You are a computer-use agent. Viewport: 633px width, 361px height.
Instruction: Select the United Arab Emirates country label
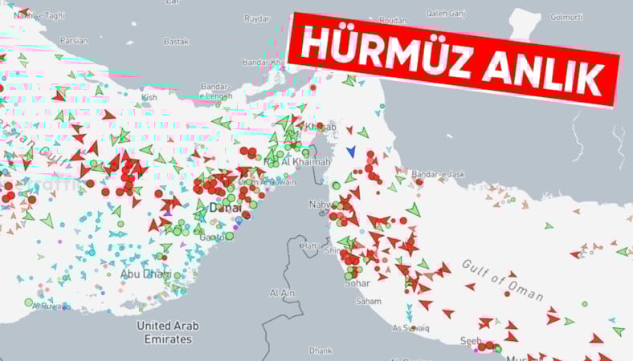(168, 332)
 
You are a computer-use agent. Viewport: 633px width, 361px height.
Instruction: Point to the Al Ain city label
(282, 294)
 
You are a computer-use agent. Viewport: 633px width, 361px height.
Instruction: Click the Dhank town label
(320, 351)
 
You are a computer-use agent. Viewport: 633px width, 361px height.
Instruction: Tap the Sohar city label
(358, 283)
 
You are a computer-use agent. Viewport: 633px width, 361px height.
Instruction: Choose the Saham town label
(370, 302)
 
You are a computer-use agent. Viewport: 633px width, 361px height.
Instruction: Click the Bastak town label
(176, 41)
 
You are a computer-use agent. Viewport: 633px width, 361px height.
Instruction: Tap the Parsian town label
(75, 41)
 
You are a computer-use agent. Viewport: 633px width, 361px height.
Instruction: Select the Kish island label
(149, 98)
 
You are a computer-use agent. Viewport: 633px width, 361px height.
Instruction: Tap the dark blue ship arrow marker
(350, 151)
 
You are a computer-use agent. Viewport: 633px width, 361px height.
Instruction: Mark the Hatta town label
(310, 245)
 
